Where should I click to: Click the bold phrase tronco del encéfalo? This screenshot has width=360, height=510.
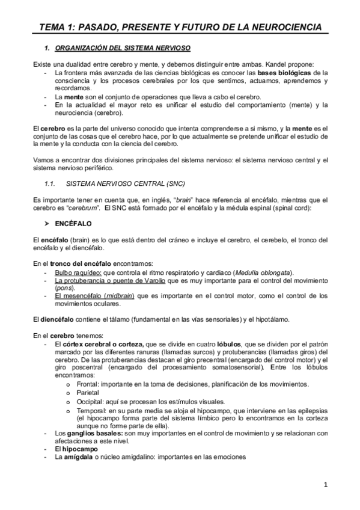tap(76, 263)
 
